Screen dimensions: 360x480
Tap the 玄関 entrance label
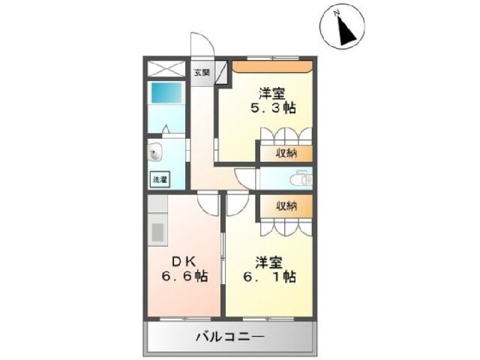202,73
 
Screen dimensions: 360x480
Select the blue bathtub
166,94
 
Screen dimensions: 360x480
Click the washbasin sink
156,153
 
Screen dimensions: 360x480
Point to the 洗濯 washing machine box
160,179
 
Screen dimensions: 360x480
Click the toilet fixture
301,178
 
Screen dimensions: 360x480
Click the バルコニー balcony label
231,336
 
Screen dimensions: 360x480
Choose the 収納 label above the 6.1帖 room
284,205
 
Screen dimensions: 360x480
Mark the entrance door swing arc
200,49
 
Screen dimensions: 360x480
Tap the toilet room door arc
247,179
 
